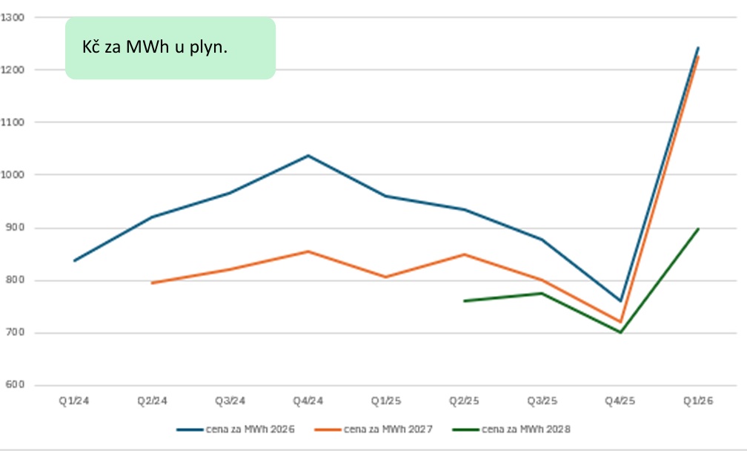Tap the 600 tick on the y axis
[x=15, y=385]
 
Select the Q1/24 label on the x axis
[x=74, y=401]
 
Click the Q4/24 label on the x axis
[x=308, y=401]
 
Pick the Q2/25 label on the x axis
[x=464, y=401]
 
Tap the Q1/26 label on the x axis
[x=697, y=401]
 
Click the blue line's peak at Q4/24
[x=308, y=156]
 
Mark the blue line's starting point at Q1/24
[x=74, y=260]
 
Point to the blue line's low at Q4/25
[x=620, y=301]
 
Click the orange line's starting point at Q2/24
[x=152, y=283]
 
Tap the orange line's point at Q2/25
[x=464, y=254]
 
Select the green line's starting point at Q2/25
[x=464, y=301]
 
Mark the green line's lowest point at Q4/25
[x=620, y=332]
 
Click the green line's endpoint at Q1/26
[x=697, y=228]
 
